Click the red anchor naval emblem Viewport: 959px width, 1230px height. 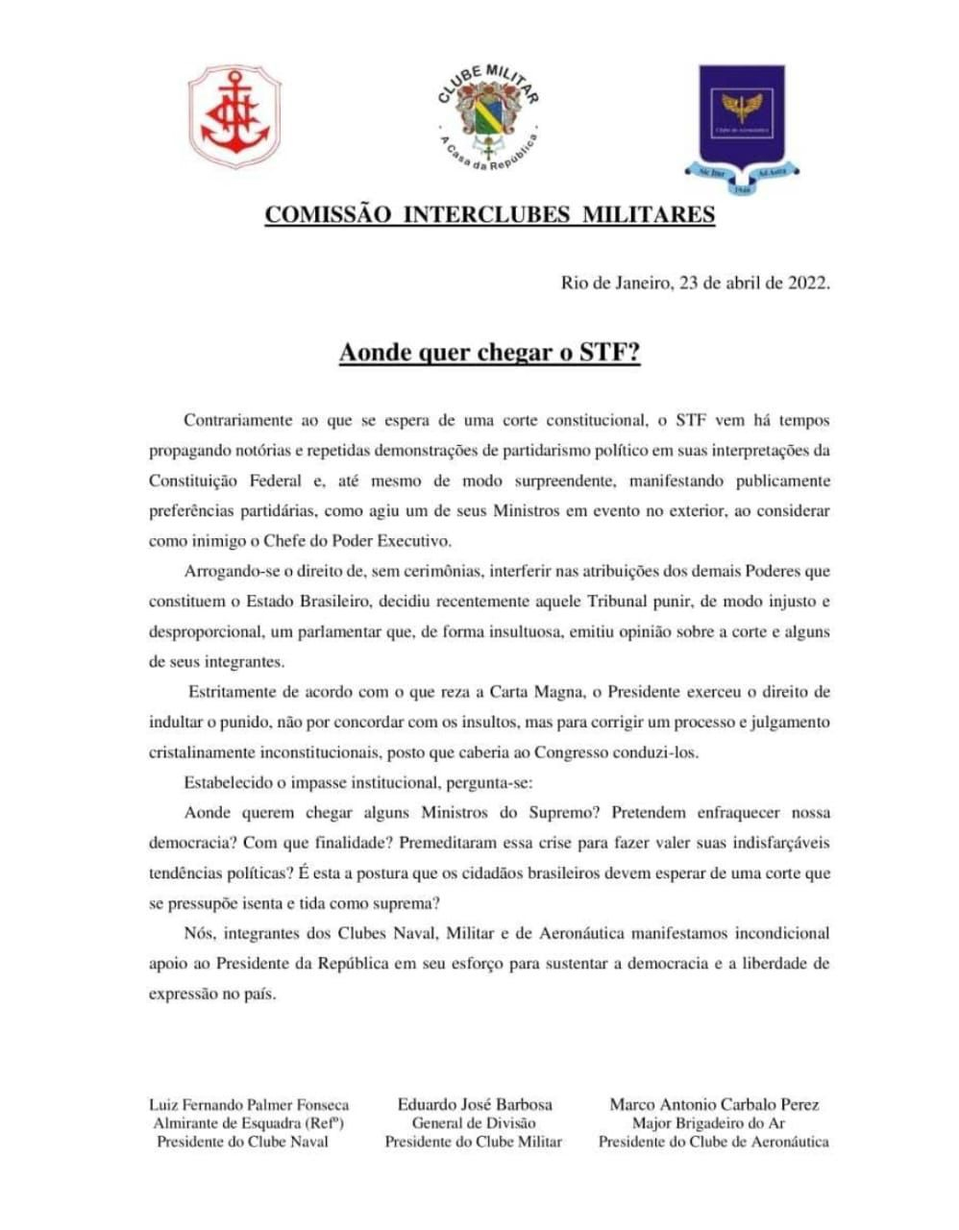pyautogui.click(x=234, y=117)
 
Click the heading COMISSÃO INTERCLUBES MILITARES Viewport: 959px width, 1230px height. pyautogui.click(x=489, y=214)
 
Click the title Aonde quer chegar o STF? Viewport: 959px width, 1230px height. pyautogui.click(x=489, y=353)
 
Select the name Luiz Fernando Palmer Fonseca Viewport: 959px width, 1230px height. pyautogui.click(x=249, y=1105)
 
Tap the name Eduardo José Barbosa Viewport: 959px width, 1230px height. pyautogui.click(x=475, y=1105)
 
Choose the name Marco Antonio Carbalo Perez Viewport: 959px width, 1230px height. pyautogui.click(x=714, y=1105)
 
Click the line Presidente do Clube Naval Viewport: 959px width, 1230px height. pyautogui.click(x=242, y=1142)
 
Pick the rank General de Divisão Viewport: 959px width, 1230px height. pyautogui.click(x=474, y=1123)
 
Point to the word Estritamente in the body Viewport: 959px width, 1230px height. pyautogui.click(x=234, y=692)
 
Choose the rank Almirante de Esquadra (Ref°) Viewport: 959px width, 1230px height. pyautogui.click(x=249, y=1123)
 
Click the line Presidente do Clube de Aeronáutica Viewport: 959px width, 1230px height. pyautogui.click(x=714, y=1142)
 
